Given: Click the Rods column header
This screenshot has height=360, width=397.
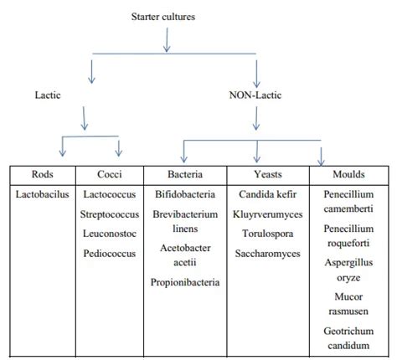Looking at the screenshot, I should coord(42,175).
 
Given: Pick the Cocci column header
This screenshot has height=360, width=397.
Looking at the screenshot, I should coord(109,175).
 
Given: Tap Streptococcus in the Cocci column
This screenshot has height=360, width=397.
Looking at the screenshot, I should coord(109,213).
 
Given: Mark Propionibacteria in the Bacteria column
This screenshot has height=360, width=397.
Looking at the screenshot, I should coord(185,282).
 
